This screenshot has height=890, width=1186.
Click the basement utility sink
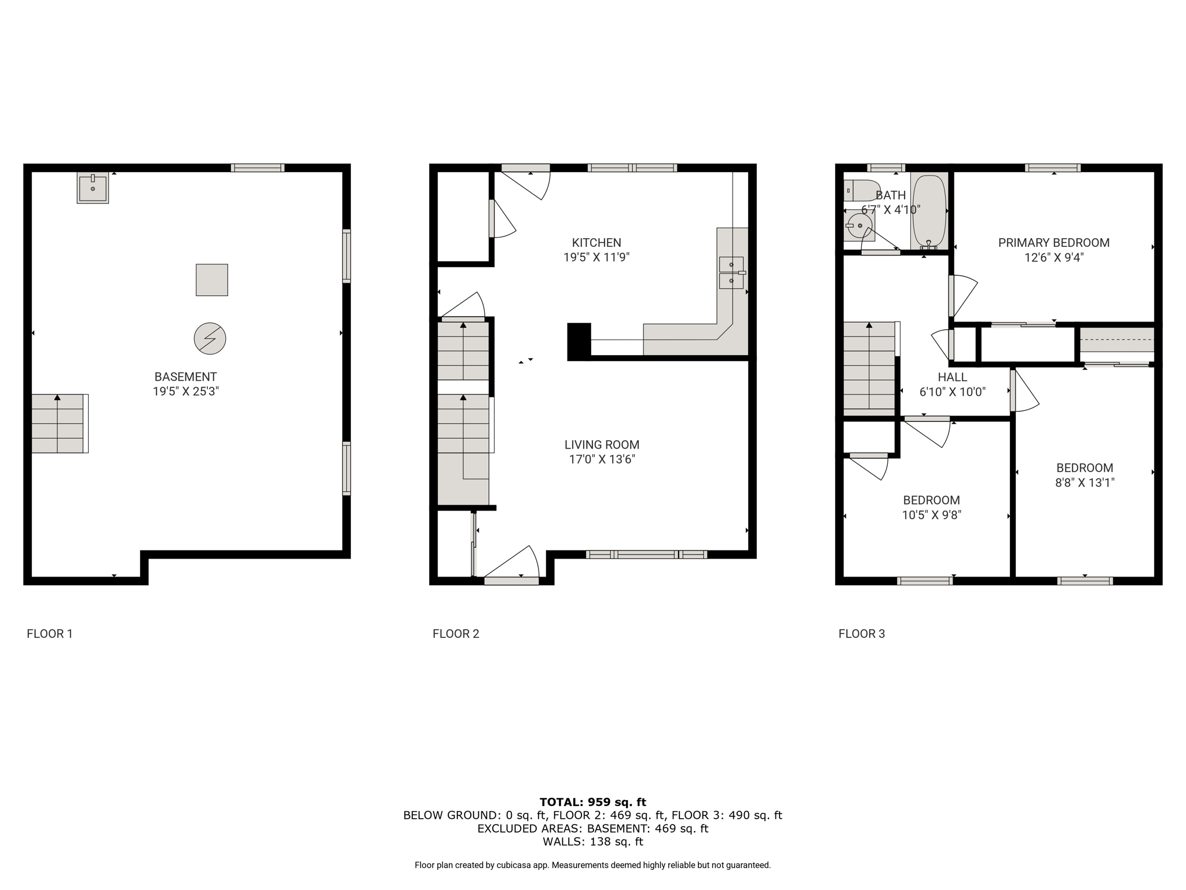93,188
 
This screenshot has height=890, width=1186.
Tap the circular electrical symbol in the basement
210,338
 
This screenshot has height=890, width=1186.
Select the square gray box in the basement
212,280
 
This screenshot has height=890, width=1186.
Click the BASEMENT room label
186,377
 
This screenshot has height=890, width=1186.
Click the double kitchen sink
731,273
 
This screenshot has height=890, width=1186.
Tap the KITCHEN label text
596,243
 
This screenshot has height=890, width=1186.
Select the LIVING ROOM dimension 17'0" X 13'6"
602,459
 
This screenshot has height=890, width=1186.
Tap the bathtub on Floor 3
929,211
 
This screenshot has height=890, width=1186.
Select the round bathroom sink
859,225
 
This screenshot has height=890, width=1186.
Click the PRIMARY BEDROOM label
1054,243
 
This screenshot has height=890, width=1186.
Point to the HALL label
953,377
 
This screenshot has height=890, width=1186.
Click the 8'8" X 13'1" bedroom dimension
1085,483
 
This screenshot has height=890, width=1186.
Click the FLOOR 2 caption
456,634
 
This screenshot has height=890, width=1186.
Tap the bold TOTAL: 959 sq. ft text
593,802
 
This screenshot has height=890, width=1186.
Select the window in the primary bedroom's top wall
1053,168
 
